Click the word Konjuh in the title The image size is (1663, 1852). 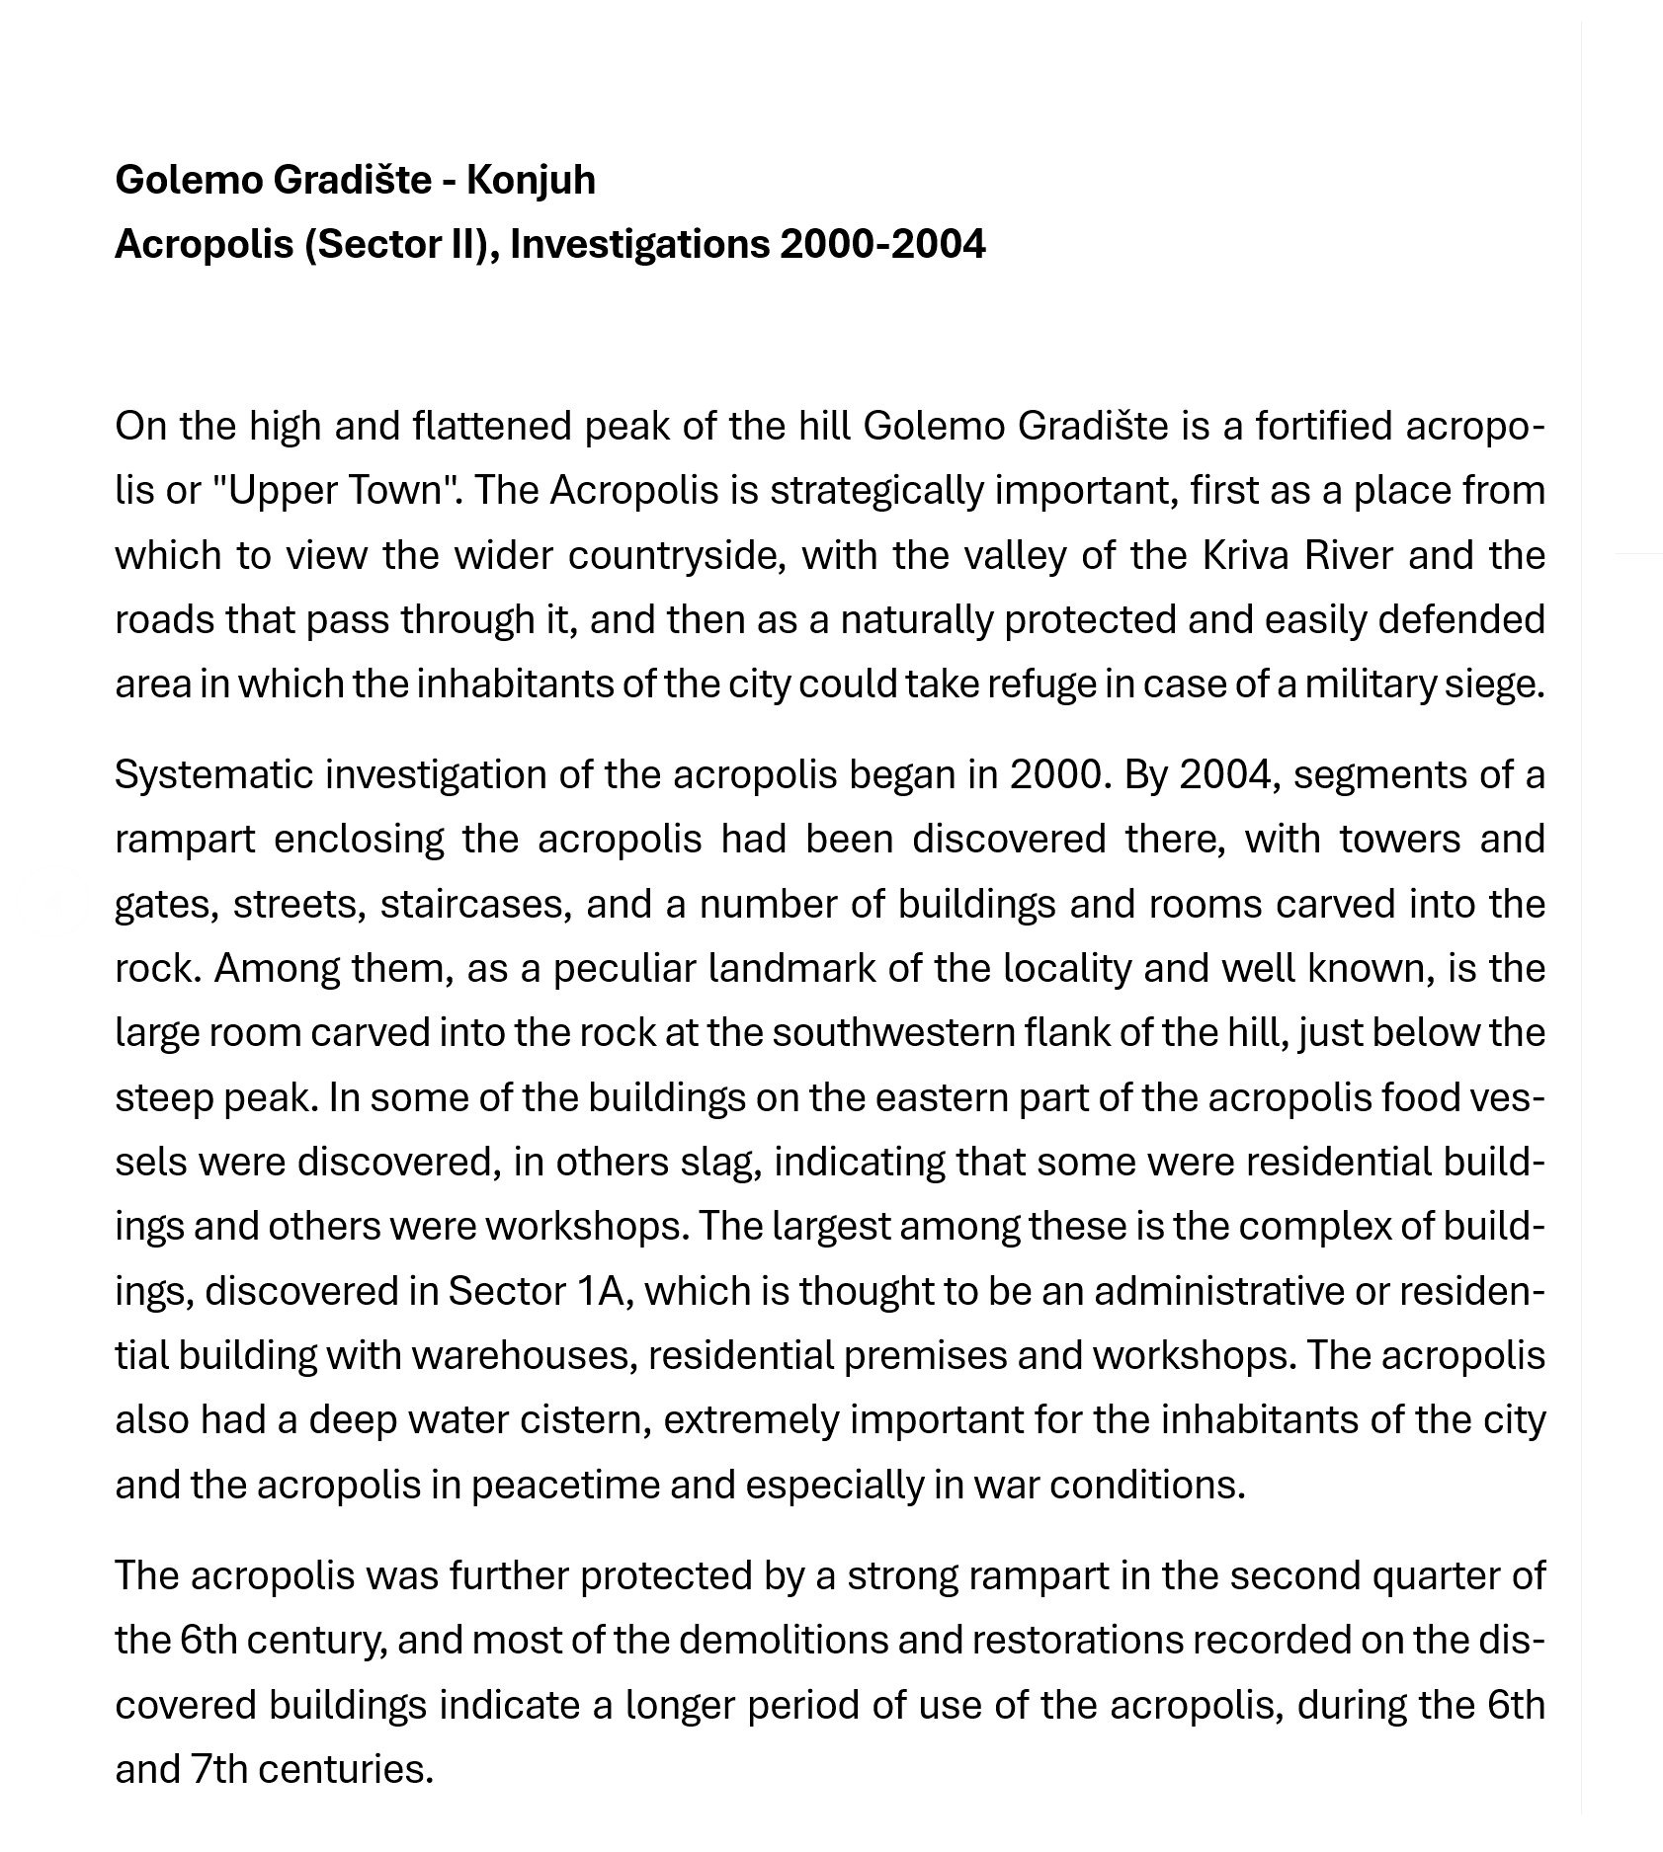tap(531, 180)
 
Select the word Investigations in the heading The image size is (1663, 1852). tap(639, 244)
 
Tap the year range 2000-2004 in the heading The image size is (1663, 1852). tap(882, 244)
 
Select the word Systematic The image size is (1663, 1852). tap(212, 774)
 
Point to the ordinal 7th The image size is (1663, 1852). tap(218, 1769)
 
